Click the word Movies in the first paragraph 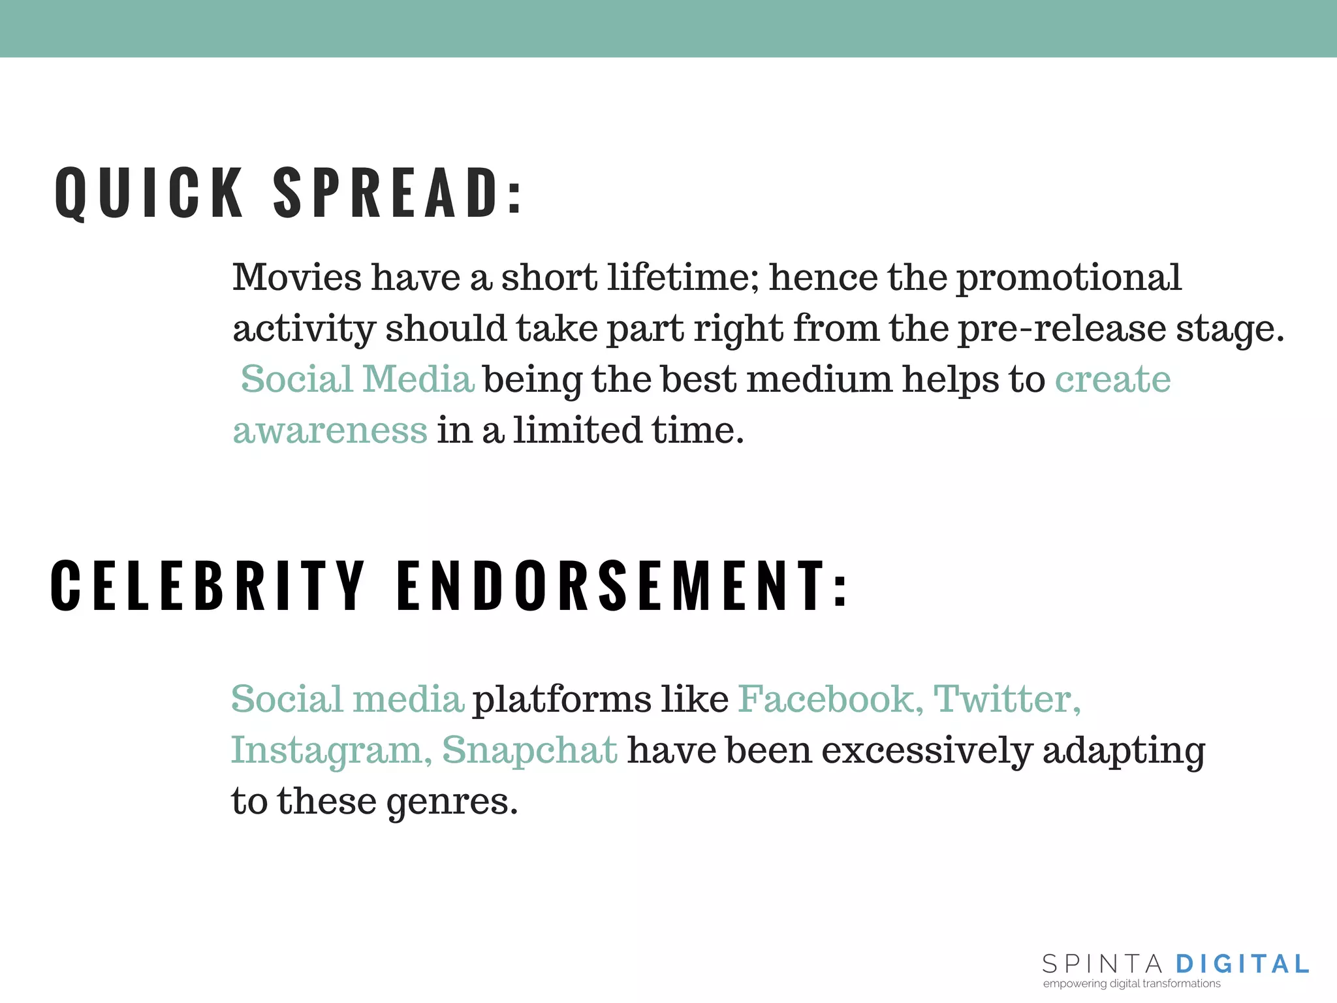pyautogui.click(x=297, y=277)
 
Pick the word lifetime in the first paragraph pyautogui.click(x=683, y=277)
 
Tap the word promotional pyautogui.click(x=1069, y=278)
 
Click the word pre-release pyautogui.click(x=1062, y=328)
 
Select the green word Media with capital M pyautogui.click(x=418, y=379)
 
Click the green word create pyautogui.click(x=1112, y=379)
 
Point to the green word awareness pyautogui.click(x=330, y=430)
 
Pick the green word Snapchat pyautogui.click(x=529, y=751)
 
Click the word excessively pyautogui.click(x=926, y=750)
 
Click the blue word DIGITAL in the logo pyautogui.click(x=1242, y=964)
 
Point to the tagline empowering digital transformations pyautogui.click(x=1131, y=983)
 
